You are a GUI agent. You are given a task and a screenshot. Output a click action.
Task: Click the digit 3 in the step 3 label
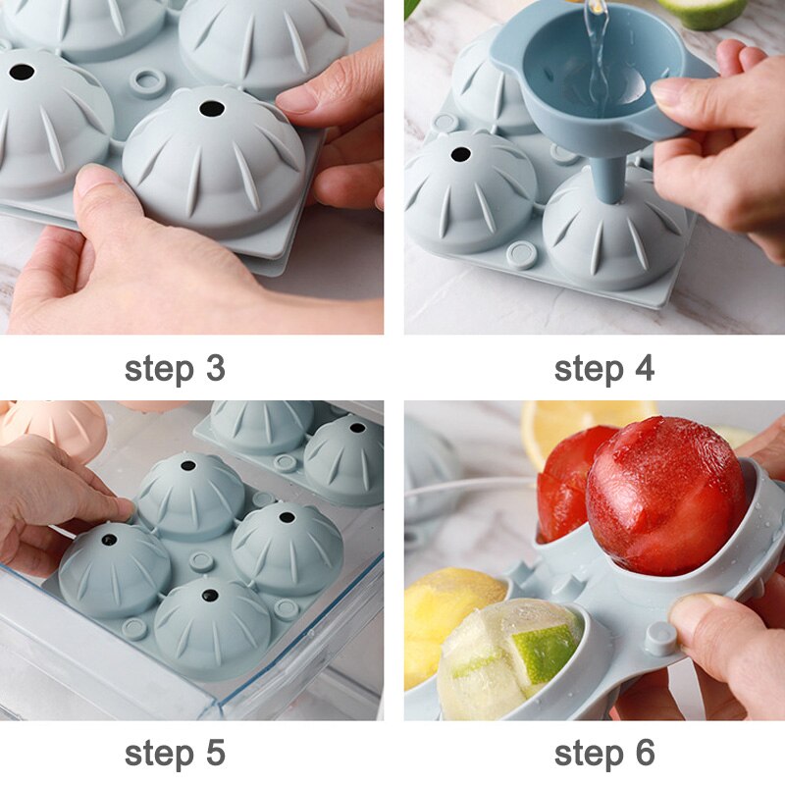click(215, 369)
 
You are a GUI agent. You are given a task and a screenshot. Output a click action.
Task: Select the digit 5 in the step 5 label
click(215, 753)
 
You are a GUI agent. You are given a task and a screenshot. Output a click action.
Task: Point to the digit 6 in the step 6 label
click(645, 753)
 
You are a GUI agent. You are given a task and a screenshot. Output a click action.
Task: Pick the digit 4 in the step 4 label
click(645, 369)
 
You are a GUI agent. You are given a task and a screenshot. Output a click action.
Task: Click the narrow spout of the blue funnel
click(608, 178)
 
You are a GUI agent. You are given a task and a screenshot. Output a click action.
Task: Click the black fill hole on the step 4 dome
click(460, 155)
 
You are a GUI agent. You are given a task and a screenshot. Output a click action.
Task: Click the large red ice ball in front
click(666, 496)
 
